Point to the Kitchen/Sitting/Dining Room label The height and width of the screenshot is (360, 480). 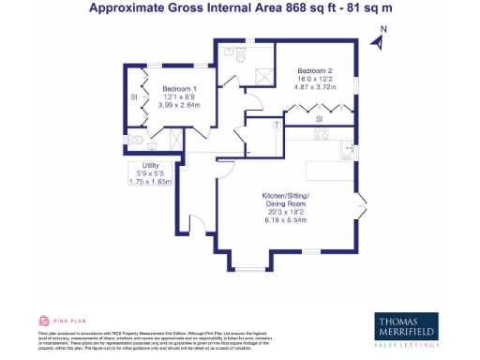point(285,200)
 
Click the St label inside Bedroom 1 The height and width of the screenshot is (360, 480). point(134,97)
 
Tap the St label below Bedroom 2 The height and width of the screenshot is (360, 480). point(320,120)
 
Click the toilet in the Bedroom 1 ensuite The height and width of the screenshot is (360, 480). point(139,141)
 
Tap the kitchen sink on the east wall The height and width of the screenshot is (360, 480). point(352,148)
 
